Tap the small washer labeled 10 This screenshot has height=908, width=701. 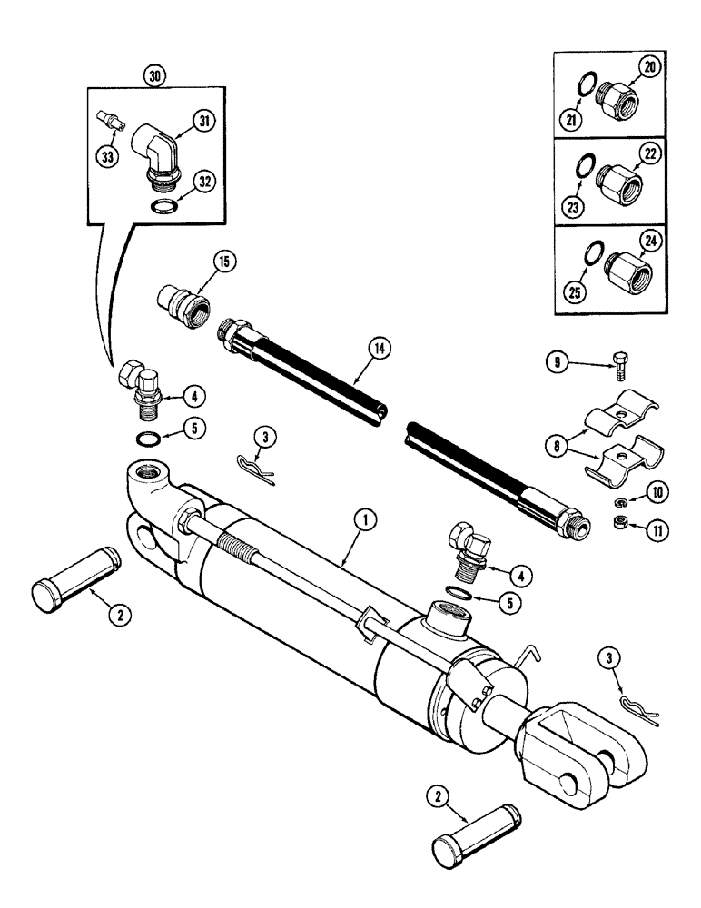coord(620,501)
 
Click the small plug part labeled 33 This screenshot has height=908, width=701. coord(107,121)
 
